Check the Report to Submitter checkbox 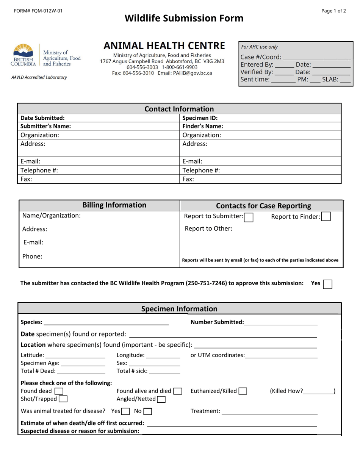click(249, 217)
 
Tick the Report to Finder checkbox click(326, 217)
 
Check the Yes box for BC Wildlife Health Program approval click(327, 284)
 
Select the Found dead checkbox click(59, 391)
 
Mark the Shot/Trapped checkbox click(63, 399)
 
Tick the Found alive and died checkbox click(177, 391)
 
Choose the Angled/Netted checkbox click(161, 399)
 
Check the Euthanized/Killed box click(243, 391)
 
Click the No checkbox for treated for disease click(148, 411)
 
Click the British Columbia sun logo click(23, 51)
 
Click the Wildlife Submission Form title click(184, 18)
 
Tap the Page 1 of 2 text click(333, 11)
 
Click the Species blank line click(106, 322)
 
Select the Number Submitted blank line click(281, 322)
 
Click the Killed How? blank click(318, 391)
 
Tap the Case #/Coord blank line click(316, 57)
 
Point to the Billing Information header click(114, 205)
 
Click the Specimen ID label click(200, 118)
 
